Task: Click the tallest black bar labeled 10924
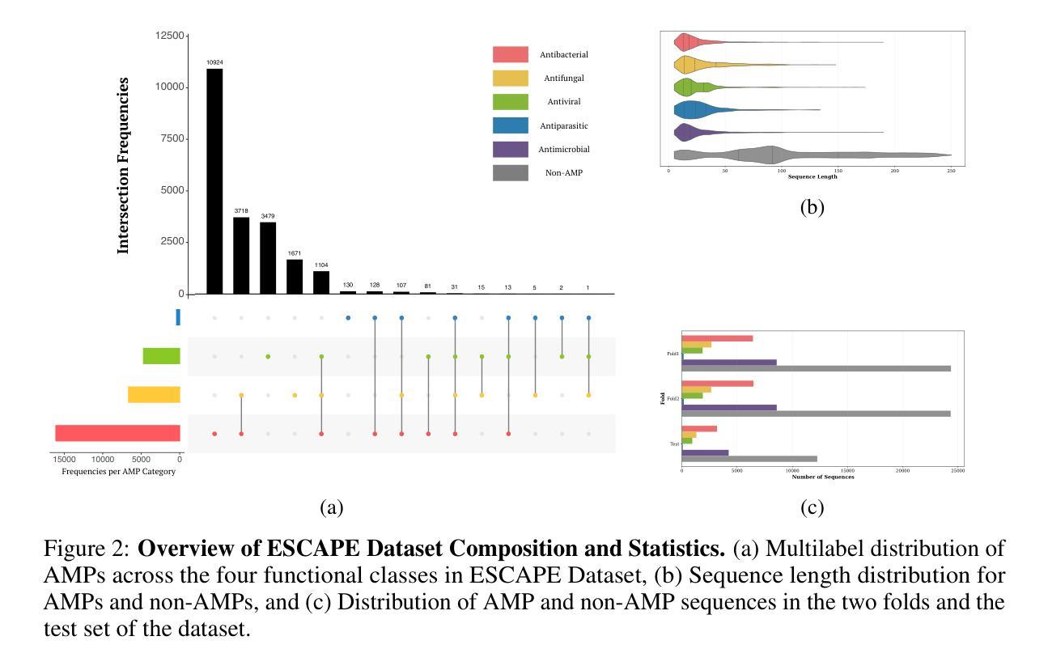click(214, 181)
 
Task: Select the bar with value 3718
click(241, 255)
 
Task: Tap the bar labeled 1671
click(295, 276)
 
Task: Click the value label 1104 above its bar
click(321, 265)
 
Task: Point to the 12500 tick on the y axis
click(168, 36)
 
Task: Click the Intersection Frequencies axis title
click(124, 166)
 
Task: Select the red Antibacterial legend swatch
click(510, 55)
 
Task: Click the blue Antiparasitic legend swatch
click(510, 126)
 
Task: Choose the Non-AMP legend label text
click(564, 173)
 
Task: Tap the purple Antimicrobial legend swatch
click(510, 150)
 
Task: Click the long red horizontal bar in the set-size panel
click(117, 433)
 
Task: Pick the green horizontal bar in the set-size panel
click(161, 356)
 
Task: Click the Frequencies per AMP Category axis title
click(118, 472)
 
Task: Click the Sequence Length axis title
click(813, 176)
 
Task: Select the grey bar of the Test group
click(749, 459)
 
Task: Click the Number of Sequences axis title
click(822, 477)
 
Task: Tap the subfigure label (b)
click(812, 207)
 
